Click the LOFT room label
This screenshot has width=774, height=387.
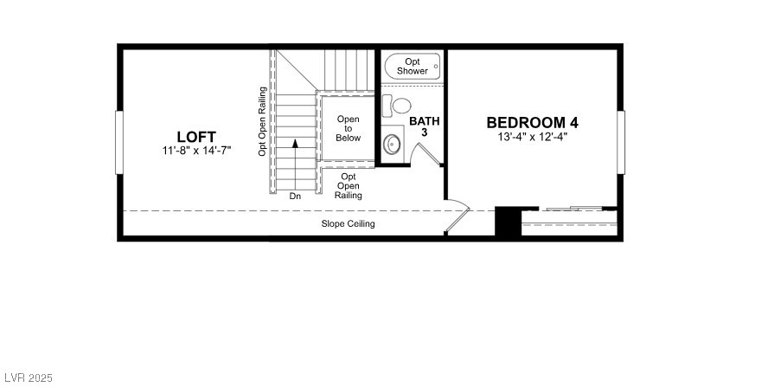[x=196, y=136]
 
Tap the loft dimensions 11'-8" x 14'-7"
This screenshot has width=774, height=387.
[x=196, y=150]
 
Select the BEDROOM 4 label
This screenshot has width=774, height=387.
[x=532, y=122]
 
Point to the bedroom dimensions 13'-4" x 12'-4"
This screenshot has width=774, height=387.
[x=532, y=136]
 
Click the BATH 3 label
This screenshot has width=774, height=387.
[x=424, y=126]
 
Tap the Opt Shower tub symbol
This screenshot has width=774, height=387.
[x=413, y=66]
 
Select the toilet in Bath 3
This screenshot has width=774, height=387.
[x=400, y=106]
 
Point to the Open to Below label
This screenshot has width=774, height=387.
[x=349, y=128]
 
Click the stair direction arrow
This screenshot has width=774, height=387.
[x=295, y=160]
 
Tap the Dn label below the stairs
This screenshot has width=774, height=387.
[x=295, y=196]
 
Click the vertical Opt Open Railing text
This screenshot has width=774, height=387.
[x=262, y=121]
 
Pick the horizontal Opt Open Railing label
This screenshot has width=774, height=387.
[x=349, y=185]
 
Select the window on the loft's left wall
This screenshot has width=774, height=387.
[x=119, y=143]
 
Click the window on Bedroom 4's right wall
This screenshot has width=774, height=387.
[x=621, y=143]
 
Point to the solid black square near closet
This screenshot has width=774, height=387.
[x=507, y=222]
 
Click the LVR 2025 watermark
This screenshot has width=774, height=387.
[x=29, y=378]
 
